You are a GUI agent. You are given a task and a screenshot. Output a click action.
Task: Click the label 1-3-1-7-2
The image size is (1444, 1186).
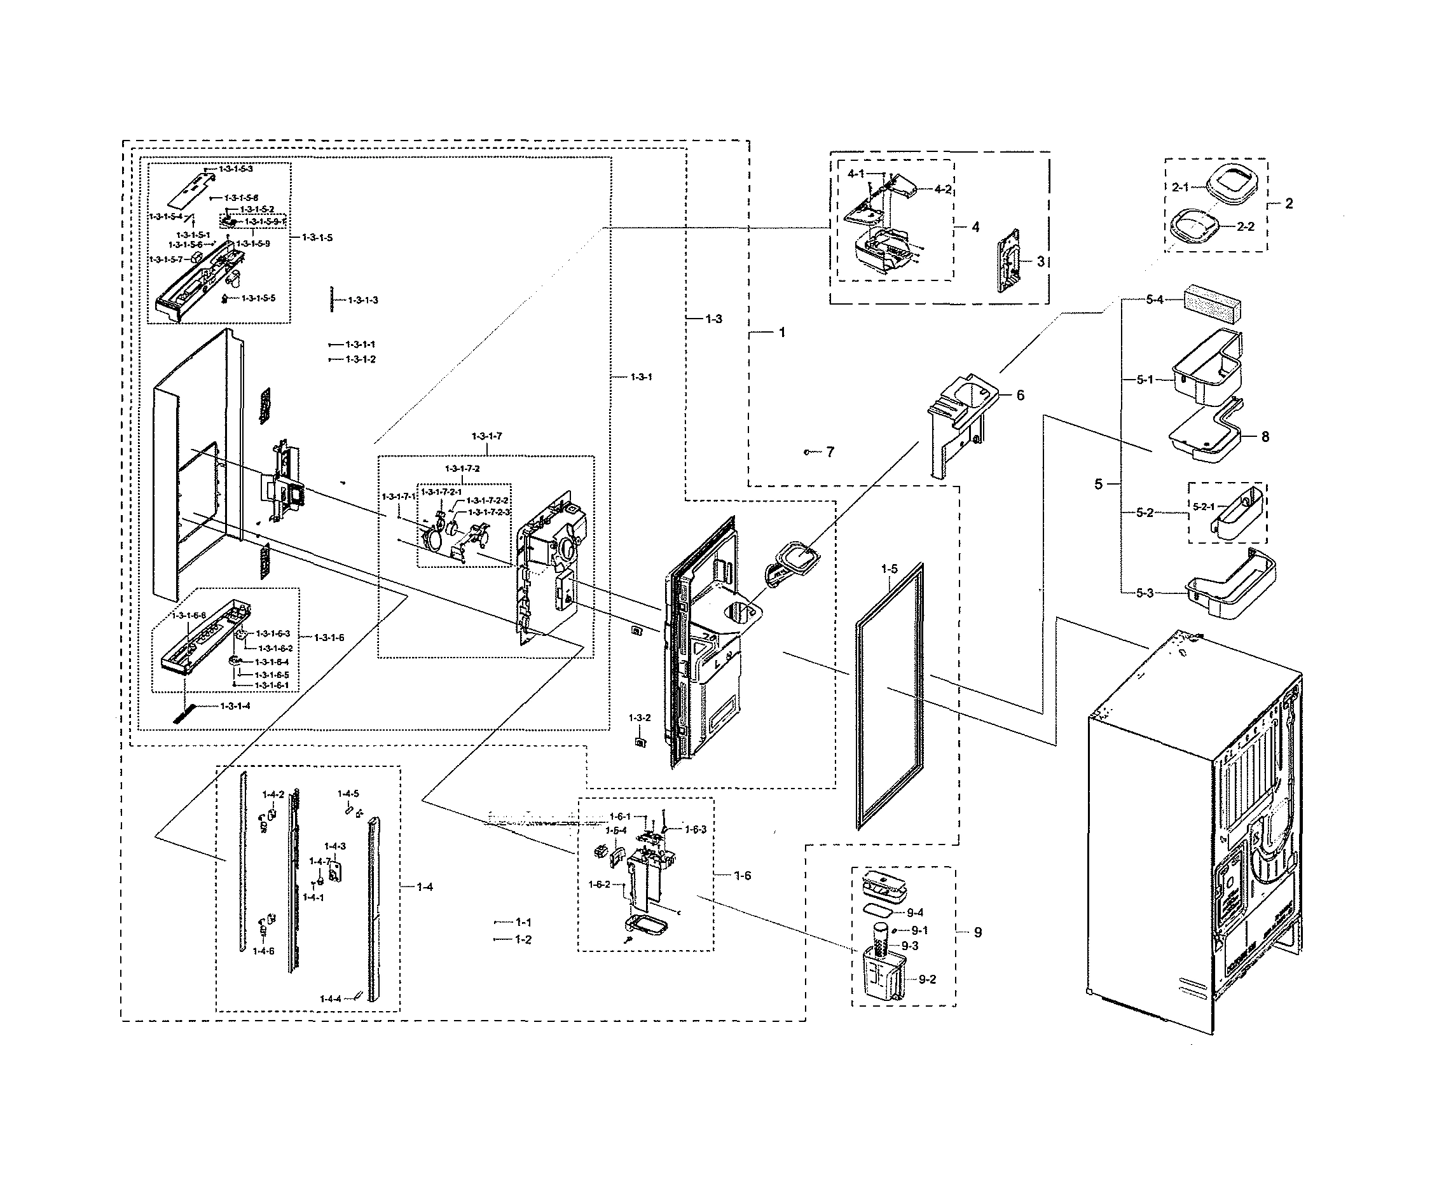(462, 469)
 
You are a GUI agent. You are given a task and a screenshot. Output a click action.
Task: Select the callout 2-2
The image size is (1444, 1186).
(1245, 227)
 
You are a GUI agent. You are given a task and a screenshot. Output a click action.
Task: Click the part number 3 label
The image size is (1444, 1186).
(1040, 261)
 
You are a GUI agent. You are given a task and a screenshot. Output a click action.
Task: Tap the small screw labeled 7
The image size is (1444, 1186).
(808, 452)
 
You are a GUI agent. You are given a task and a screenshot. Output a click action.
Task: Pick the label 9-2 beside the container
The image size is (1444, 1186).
(927, 979)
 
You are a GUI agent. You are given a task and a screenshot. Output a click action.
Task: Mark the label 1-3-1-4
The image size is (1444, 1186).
(235, 706)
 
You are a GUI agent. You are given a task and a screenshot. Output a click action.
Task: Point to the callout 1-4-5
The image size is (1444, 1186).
(348, 794)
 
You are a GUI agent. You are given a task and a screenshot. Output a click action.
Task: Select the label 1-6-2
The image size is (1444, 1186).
(599, 884)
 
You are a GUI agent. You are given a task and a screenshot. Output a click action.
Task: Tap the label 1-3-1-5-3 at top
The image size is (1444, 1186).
(236, 169)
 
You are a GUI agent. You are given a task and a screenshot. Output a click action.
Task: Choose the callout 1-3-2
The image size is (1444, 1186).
(640, 718)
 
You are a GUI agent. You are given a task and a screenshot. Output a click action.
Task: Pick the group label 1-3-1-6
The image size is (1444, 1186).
(329, 637)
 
